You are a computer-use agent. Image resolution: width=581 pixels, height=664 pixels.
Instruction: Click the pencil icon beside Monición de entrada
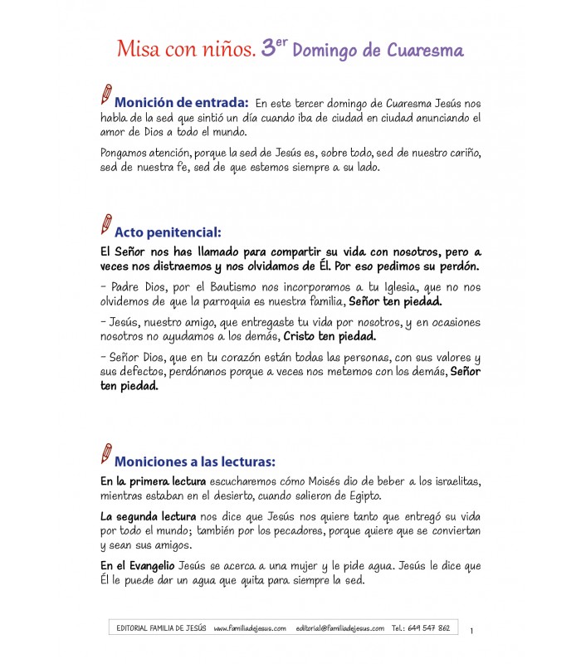click(x=105, y=94)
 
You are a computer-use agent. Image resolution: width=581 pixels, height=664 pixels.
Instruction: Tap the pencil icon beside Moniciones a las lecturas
click(x=105, y=453)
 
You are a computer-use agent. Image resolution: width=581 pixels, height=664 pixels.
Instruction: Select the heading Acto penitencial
click(x=168, y=232)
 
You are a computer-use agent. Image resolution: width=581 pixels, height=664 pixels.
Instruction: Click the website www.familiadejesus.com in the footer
click(x=250, y=628)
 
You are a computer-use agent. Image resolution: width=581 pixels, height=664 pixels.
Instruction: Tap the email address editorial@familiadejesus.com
click(x=339, y=628)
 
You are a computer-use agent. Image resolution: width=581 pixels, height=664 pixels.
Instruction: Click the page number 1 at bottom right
click(x=471, y=632)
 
